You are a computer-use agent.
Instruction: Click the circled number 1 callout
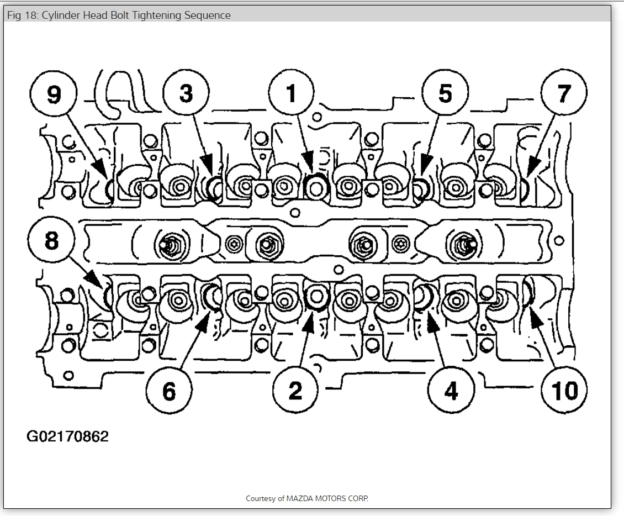292,94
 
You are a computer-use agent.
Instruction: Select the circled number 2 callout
295,390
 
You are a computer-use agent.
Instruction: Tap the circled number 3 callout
187,94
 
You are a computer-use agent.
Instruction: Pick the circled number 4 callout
451,390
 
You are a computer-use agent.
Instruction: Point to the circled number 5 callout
445,94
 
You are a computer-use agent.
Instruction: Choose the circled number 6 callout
170,390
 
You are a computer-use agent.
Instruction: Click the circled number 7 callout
563,94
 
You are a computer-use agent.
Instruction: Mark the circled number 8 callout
51,241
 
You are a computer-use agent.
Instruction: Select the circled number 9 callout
54,94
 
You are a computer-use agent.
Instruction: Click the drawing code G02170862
67,436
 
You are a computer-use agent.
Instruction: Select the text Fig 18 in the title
19,15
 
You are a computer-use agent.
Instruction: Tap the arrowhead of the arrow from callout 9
101,169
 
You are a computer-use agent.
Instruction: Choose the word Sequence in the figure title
208,15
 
